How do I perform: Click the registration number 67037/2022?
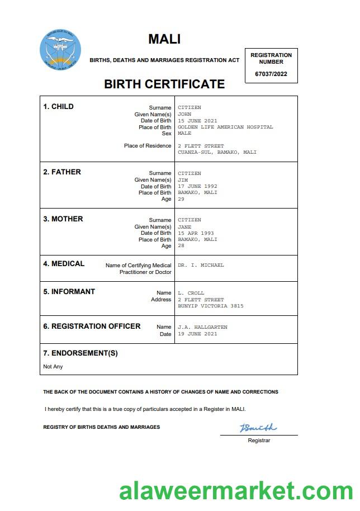tap(271, 74)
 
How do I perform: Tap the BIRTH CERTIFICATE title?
tap(164, 84)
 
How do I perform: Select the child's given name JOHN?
tap(184, 114)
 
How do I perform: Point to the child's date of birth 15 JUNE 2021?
tap(197, 121)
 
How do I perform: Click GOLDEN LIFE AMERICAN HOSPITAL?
tap(225, 127)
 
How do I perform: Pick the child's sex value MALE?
tap(184, 134)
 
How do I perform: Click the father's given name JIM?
tap(183, 180)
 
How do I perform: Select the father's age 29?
tap(181, 199)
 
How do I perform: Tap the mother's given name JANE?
tap(184, 227)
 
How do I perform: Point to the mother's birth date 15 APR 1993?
tap(196, 233)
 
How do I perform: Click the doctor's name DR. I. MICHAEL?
tap(201, 265)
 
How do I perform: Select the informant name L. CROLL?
tap(191, 293)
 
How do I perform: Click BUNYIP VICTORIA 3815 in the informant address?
tap(211, 306)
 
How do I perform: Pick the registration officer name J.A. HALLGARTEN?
tap(202, 327)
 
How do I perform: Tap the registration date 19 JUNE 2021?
tap(197, 334)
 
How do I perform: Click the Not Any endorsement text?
tap(53, 367)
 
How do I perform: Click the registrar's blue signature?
tap(258, 428)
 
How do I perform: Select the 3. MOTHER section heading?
tap(63, 219)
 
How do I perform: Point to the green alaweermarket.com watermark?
tap(235, 491)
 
